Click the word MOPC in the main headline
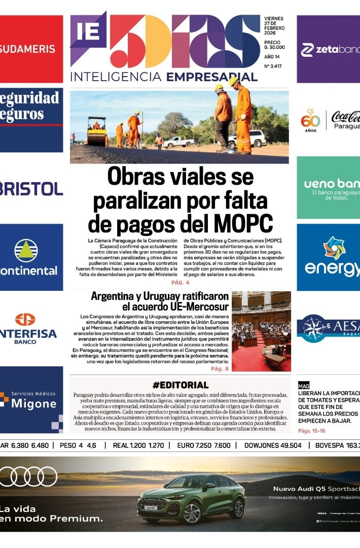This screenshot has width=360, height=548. (244, 223)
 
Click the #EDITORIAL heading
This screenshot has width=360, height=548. (180, 385)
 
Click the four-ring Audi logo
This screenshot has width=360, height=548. (28, 476)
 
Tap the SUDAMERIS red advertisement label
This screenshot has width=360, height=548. (28, 49)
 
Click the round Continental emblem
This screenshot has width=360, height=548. (26, 250)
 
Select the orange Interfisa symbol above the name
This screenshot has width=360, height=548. (25, 320)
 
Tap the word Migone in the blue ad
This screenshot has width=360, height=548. (33, 404)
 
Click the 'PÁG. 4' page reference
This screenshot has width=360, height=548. (180, 283)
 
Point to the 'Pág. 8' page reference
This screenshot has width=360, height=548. (220, 369)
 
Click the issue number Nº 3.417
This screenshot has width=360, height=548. (274, 66)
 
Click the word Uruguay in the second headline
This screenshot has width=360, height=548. (163, 296)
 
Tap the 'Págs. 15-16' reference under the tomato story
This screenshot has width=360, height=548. (312, 431)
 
